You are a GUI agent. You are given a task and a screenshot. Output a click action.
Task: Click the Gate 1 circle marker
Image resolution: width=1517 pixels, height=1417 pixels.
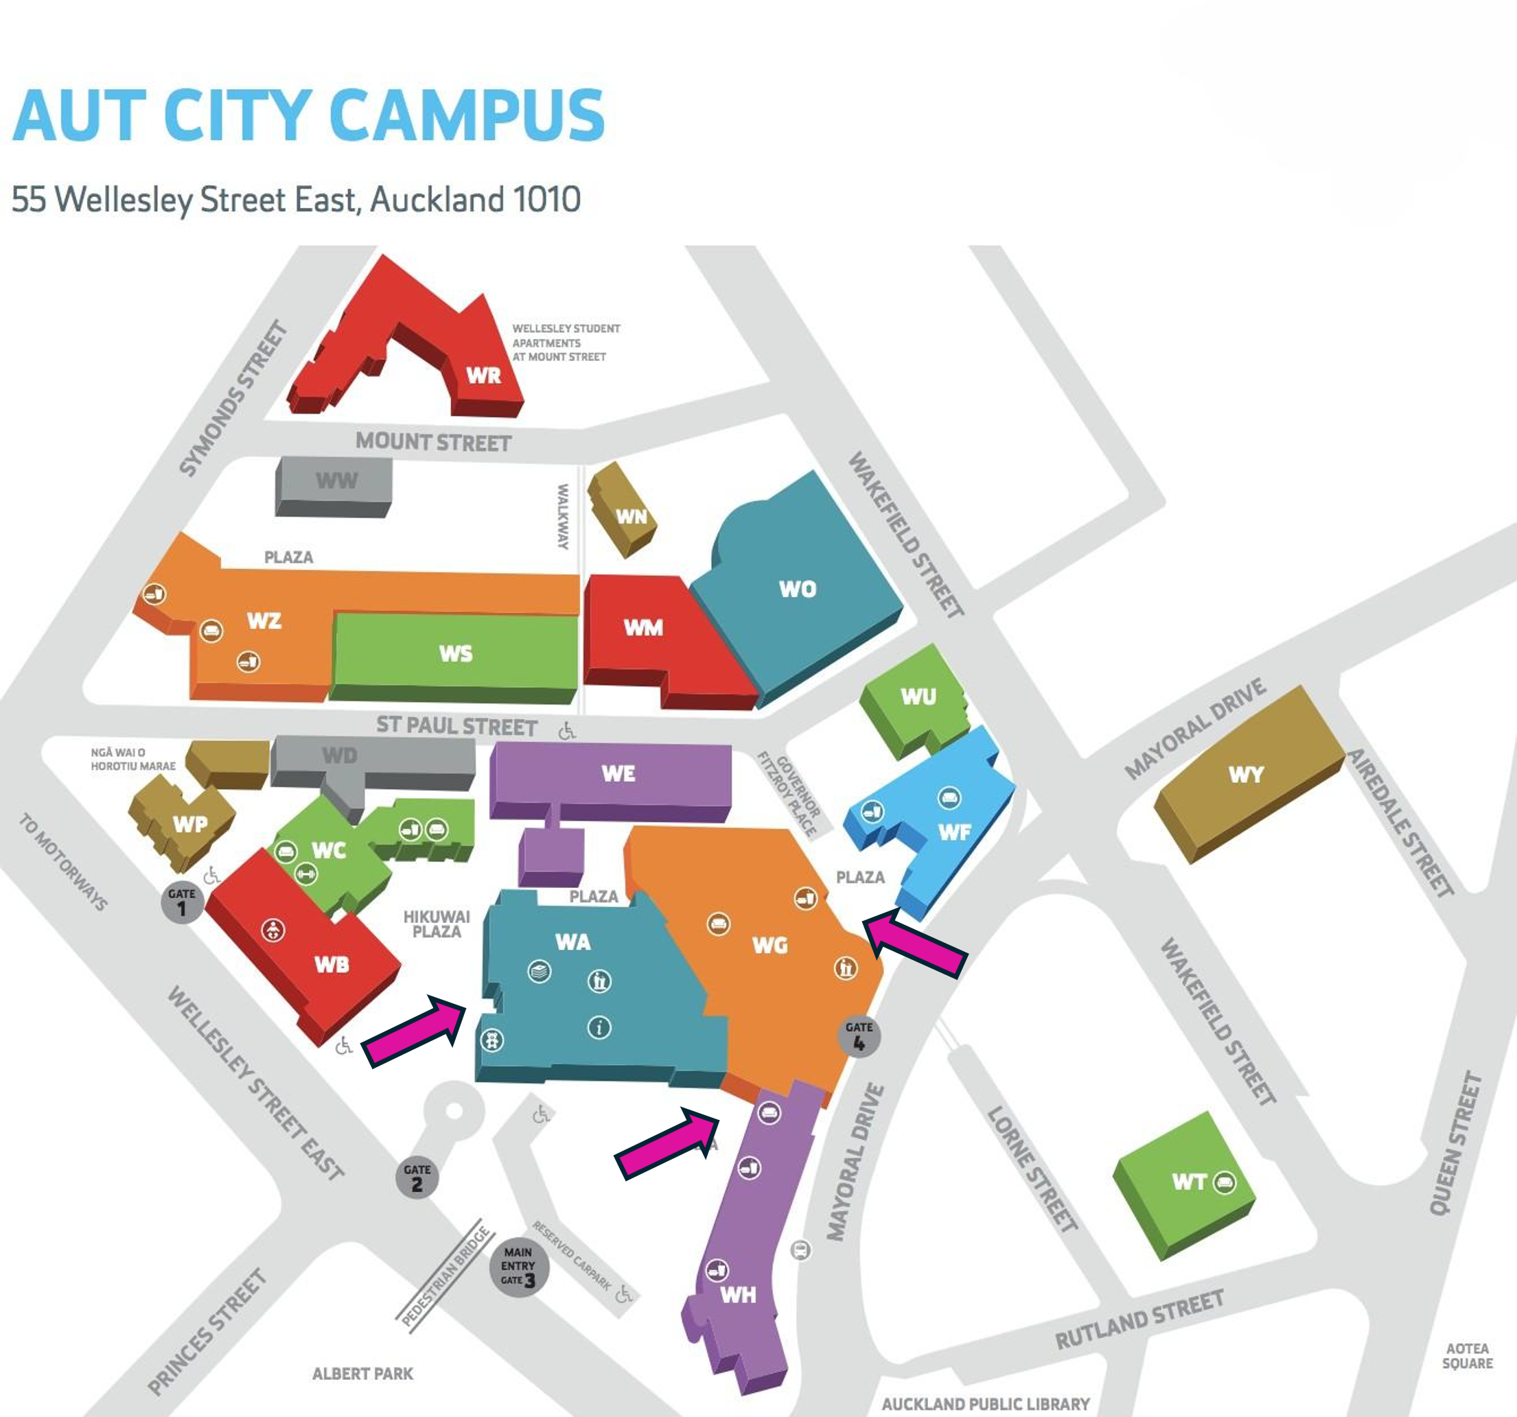pos(182,903)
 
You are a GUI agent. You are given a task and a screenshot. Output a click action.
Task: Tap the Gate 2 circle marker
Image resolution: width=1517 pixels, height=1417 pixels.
pos(417,1178)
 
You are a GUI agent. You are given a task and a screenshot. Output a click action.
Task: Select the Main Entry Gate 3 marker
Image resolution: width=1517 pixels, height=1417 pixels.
pos(519,1267)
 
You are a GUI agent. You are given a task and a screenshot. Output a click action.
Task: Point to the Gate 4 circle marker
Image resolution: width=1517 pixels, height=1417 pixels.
pos(859,1036)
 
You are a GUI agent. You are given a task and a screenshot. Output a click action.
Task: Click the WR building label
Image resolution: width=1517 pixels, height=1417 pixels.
pos(484,375)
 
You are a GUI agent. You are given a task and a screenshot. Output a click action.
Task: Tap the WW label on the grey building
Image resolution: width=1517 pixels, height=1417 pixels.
pos(336,480)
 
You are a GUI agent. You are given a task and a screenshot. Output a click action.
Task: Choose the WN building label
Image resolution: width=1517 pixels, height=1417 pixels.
pos(631,517)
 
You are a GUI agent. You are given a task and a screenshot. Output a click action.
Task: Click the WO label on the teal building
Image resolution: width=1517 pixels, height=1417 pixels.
pos(798,589)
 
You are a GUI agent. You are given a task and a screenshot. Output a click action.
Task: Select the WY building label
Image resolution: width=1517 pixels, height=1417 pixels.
pos(1246,775)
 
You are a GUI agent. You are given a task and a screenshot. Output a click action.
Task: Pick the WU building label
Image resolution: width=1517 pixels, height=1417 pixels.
pos(918,696)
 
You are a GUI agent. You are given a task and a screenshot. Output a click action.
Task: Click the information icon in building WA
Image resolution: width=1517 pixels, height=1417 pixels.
pos(599,1028)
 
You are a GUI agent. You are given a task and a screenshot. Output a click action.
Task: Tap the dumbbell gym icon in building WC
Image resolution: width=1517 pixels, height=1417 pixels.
pos(306,874)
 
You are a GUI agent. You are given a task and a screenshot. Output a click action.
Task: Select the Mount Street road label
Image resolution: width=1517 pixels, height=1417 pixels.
pos(433,443)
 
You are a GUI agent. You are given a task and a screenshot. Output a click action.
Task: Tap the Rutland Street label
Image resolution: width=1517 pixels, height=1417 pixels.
pos(1139,1320)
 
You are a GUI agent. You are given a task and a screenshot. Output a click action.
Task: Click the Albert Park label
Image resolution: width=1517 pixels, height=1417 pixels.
pos(362,1374)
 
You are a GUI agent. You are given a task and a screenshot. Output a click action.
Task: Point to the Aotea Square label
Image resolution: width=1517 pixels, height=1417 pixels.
pos(1467,1356)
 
